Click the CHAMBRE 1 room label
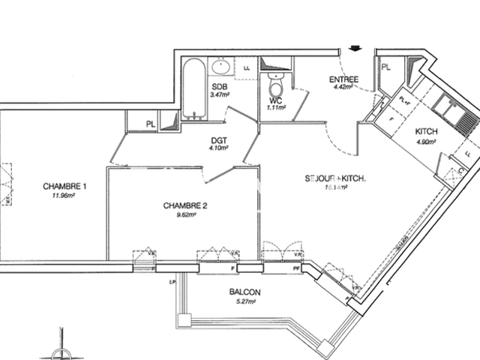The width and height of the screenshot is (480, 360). (64, 186)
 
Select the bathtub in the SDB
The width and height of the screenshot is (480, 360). (191, 90)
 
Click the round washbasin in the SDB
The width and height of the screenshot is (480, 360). (221, 68)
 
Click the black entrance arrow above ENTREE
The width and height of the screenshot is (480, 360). (354, 50)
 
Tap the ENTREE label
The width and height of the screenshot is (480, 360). (344, 80)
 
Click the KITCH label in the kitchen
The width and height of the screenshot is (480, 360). (427, 131)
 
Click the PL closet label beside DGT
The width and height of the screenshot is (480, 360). (151, 124)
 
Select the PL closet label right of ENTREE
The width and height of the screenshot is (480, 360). (386, 67)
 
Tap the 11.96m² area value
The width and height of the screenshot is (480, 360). (64, 196)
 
